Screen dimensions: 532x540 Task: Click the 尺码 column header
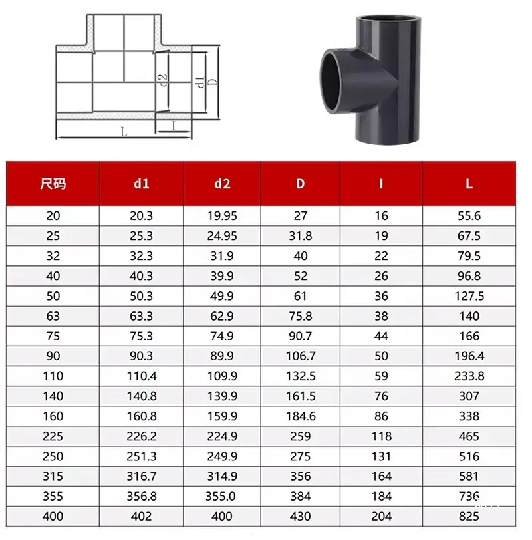pos(53,184)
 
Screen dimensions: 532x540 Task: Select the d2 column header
pos(222,184)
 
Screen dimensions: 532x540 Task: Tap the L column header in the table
pos(469,184)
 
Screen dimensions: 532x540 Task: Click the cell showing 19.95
pos(222,216)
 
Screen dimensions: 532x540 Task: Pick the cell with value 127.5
pos(469,296)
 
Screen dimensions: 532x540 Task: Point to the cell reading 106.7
pos(301,356)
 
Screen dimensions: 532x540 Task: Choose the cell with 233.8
pos(469,376)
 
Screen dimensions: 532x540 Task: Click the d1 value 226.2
pos(141,436)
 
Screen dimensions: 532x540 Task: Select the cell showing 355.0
pos(220,496)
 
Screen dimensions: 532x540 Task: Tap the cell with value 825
pos(469,516)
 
